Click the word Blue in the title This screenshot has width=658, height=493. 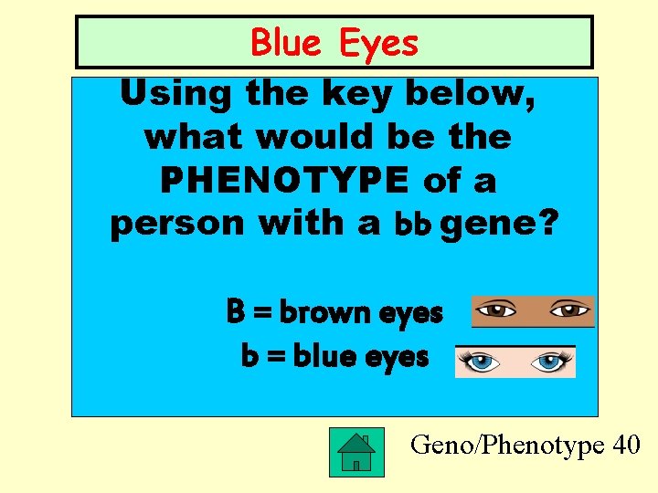click(283, 43)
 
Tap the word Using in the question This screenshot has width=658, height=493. click(173, 92)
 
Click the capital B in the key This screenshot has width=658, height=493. click(236, 313)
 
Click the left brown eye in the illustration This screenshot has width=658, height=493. click(497, 309)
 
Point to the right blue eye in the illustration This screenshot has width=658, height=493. click(550, 362)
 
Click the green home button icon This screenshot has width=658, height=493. click(356, 450)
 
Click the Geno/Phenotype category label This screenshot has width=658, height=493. click(508, 446)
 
